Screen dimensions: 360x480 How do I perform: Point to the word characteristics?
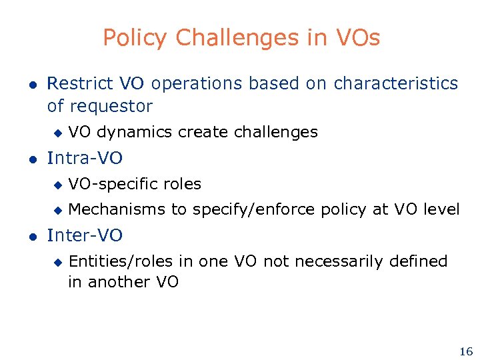[x=396, y=83]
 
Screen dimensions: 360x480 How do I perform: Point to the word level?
[x=441, y=209]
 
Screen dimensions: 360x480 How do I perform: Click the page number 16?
[x=465, y=351]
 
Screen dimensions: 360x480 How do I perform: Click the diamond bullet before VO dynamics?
[x=58, y=133]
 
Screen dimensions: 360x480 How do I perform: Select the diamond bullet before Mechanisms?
[x=58, y=210]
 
